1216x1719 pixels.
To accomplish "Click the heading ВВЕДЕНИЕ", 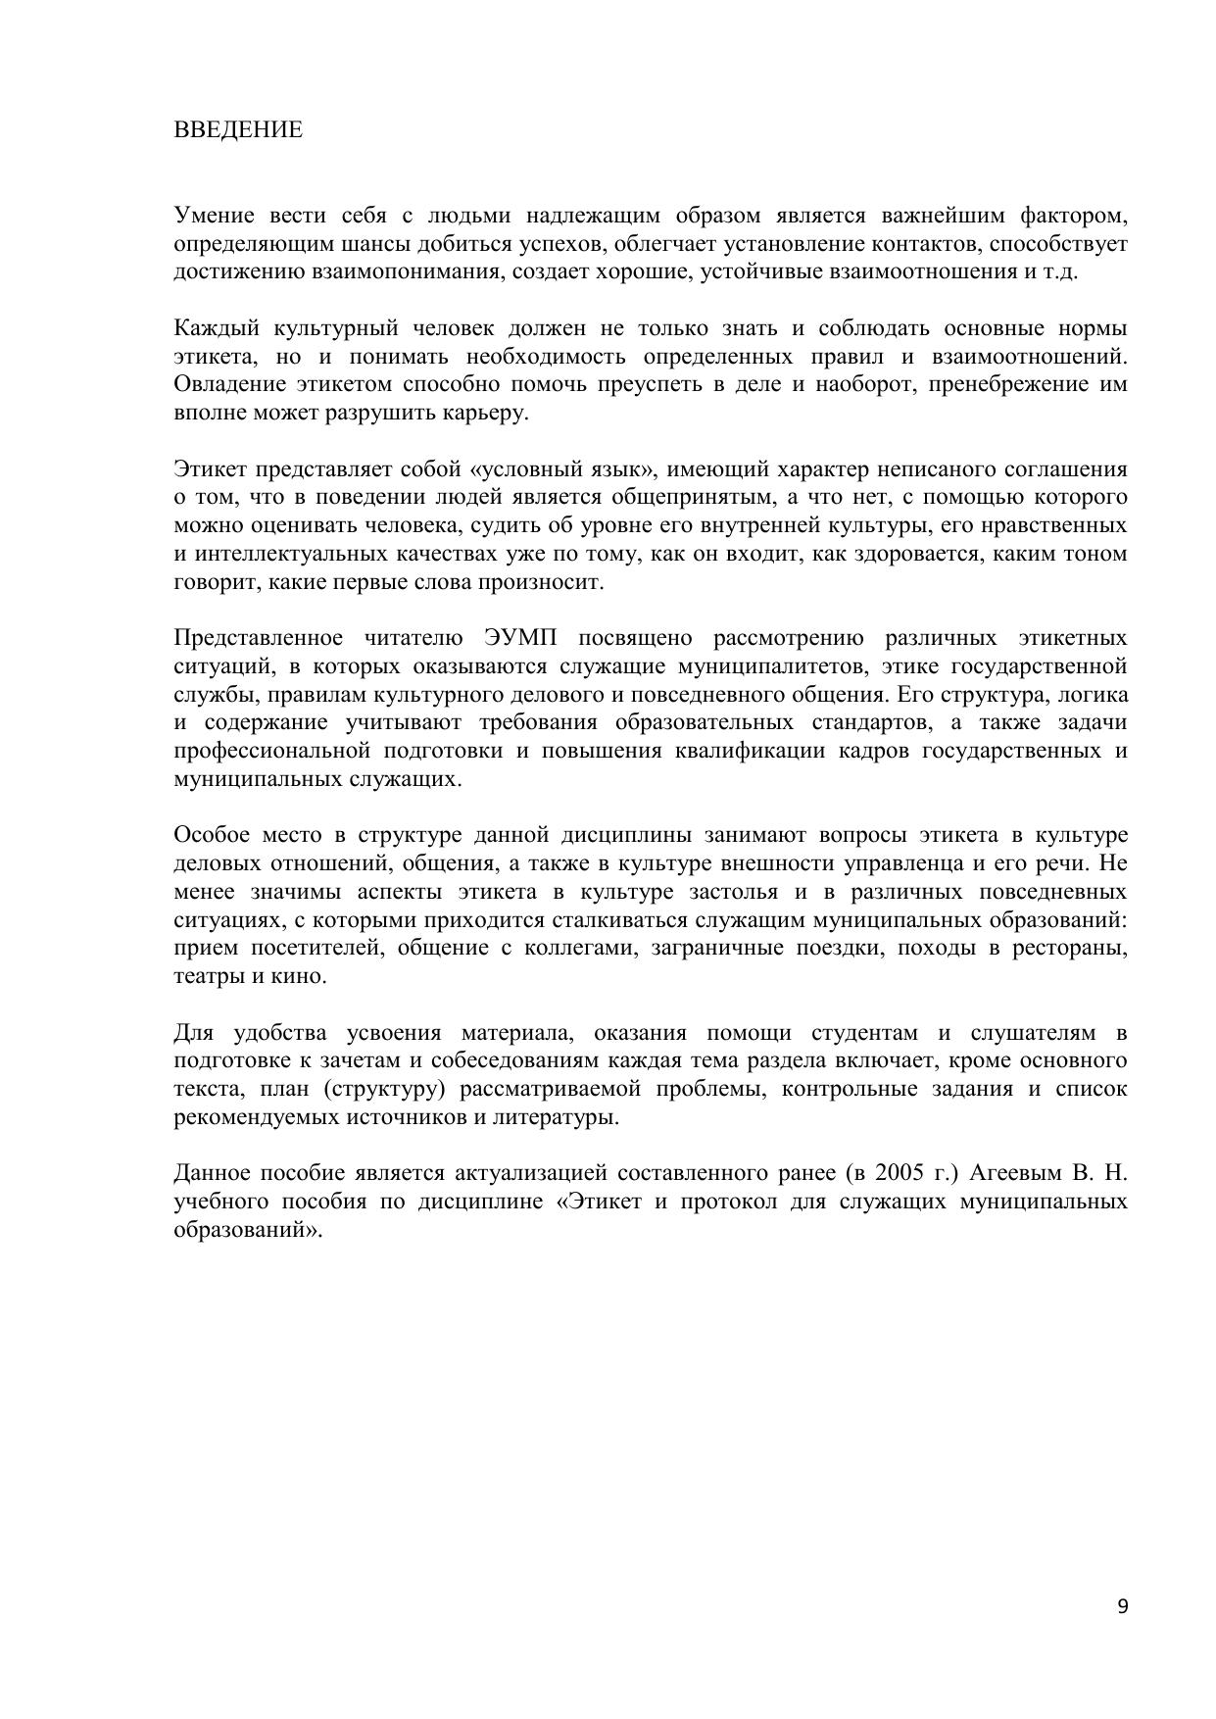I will point(238,130).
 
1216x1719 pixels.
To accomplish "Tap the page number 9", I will point(1122,1605).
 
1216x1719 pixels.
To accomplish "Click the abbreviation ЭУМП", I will point(520,639).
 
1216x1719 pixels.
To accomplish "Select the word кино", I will point(296,977).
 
